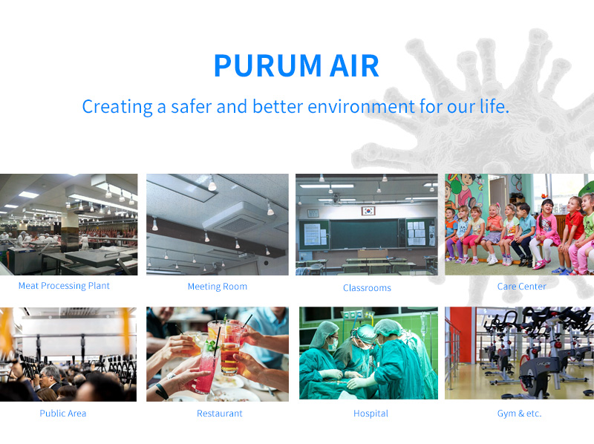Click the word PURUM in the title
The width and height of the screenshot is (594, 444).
point(268,65)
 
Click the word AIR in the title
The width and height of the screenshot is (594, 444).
point(355,65)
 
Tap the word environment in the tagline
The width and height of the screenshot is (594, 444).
point(361,106)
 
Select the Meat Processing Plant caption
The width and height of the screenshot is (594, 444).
point(64,286)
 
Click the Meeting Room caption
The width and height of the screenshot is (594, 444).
point(218,287)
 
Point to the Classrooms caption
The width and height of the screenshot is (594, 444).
point(367,288)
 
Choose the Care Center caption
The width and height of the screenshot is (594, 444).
point(522,287)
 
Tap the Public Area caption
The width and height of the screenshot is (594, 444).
point(63,414)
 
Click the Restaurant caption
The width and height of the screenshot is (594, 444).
point(219,414)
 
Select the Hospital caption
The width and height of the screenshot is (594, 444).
point(371,414)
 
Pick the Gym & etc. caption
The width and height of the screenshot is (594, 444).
point(519,414)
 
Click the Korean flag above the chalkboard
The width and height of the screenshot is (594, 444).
point(368,210)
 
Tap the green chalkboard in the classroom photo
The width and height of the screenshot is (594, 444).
point(365,234)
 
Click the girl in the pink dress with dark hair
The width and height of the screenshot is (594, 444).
point(545,234)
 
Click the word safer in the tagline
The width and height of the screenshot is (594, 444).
point(192,106)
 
